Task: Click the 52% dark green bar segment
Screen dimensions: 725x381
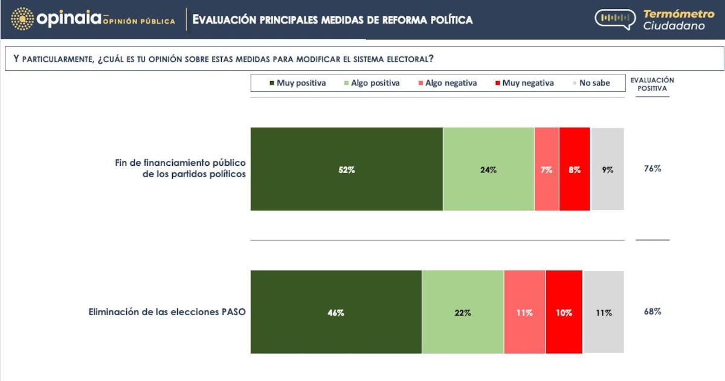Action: (347, 169)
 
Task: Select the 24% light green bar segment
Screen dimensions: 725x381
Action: (488, 169)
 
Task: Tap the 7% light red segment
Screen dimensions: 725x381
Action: (547, 169)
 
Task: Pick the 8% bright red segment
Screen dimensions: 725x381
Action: (575, 169)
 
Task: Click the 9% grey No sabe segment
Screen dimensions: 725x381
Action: (608, 169)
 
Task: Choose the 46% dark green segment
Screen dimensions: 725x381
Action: (337, 312)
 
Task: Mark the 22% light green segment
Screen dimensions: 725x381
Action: (463, 312)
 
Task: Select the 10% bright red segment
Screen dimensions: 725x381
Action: (564, 312)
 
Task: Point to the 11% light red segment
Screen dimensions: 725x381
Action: (524, 312)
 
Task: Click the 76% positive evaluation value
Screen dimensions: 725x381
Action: (652, 169)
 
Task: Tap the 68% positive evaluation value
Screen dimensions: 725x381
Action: (652, 311)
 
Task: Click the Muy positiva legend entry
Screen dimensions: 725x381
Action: (298, 83)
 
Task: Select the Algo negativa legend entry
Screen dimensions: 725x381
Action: (448, 83)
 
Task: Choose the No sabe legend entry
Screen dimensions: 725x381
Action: (591, 83)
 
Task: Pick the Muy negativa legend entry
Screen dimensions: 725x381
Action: (524, 83)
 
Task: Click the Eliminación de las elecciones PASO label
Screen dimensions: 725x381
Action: (167, 312)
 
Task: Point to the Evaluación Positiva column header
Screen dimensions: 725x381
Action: (652, 84)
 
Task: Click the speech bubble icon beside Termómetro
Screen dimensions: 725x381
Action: (615, 19)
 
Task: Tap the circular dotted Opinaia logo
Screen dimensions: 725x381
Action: (22, 19)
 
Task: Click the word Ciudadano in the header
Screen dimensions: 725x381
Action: (674, 26)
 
